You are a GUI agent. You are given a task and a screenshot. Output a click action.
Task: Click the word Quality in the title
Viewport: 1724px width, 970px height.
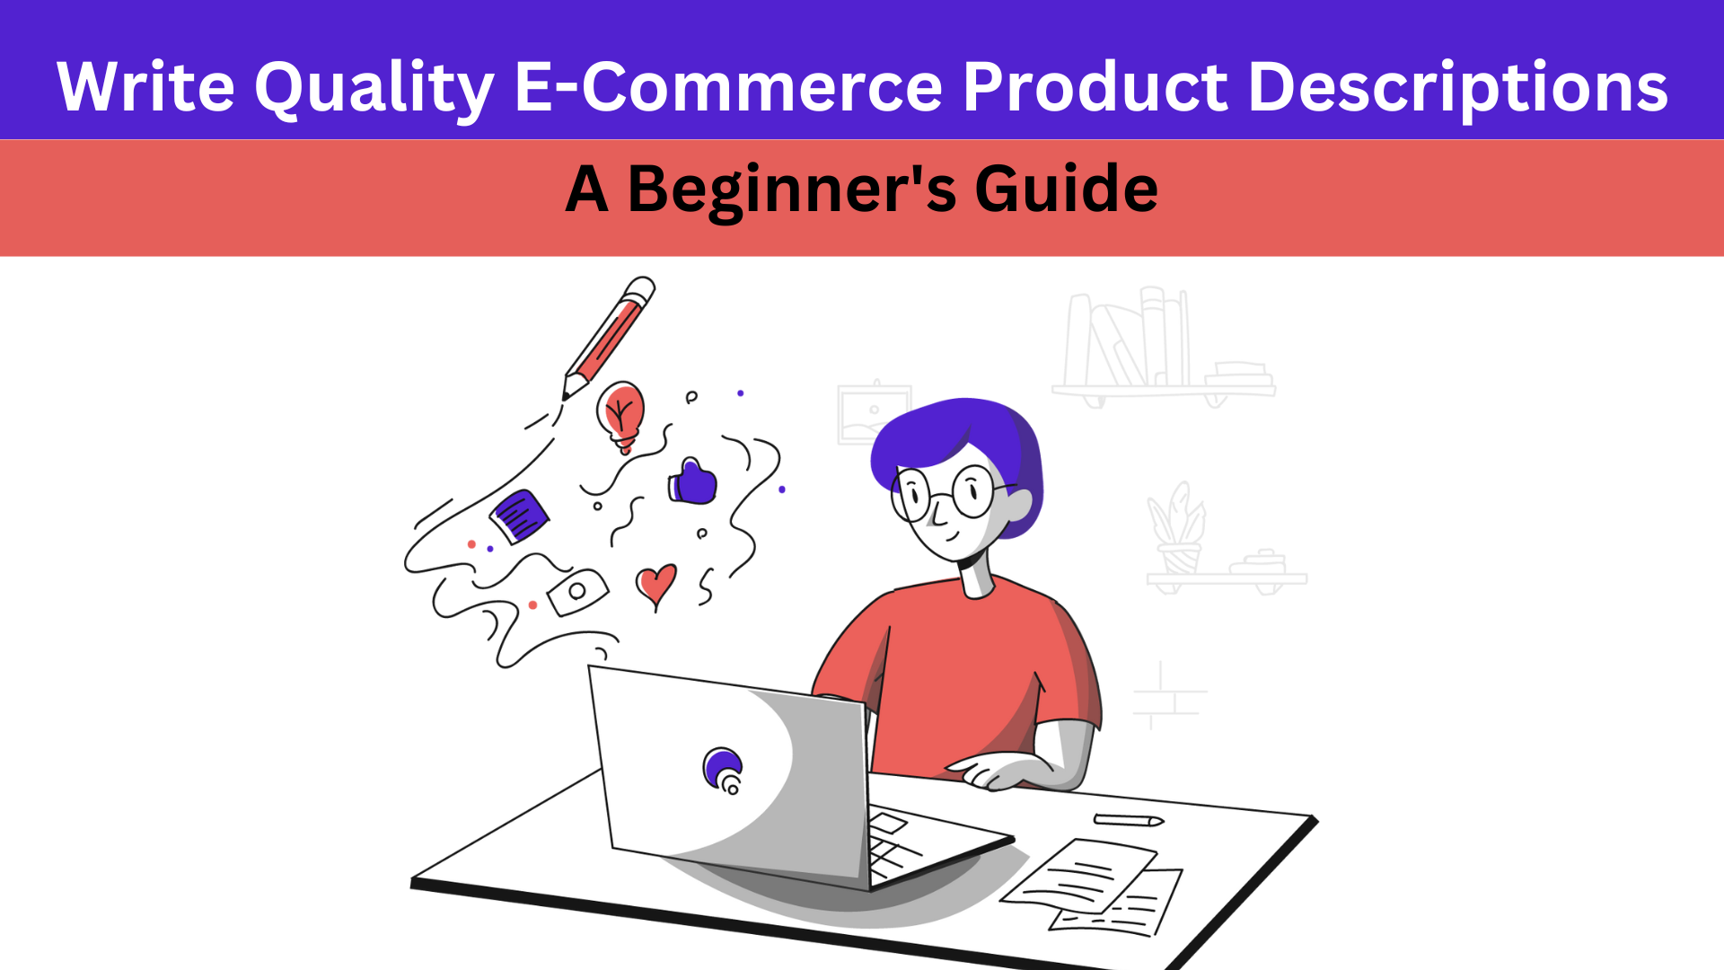click(374, 89)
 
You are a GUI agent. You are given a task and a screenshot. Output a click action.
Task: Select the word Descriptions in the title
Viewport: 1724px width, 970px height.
click(1458, 89)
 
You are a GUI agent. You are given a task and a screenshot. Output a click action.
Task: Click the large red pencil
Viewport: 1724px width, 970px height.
click(608, 338)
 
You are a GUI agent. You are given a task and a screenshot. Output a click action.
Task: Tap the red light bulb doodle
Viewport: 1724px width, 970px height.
click(620, 415)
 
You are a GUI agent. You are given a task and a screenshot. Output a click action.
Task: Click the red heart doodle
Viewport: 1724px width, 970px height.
click(656, 586)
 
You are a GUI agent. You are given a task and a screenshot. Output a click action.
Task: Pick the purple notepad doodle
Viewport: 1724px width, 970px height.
click(519, 516)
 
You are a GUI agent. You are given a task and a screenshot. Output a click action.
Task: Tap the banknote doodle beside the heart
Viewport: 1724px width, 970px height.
click(577, 592)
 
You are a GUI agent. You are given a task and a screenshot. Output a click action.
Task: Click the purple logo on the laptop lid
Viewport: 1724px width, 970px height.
click(724, 770)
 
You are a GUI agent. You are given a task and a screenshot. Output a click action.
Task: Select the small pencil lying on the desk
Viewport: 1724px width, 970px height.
click(1129, 819)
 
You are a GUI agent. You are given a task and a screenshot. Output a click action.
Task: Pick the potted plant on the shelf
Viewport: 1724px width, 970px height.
click(1177, 529)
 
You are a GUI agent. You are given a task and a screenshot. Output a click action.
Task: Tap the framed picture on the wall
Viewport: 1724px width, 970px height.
click(874, 414)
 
